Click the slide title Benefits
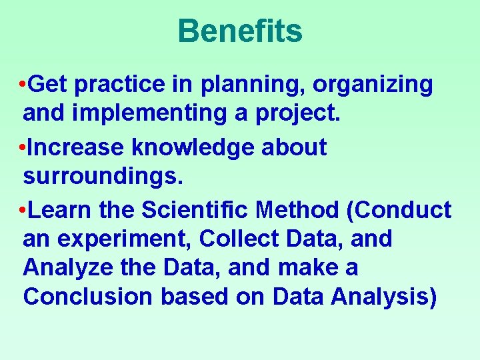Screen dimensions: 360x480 pyautogui.click(x=240, y=31)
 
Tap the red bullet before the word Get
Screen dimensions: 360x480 pyautogui.click(x=23, y=85)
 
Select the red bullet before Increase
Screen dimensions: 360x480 pyautogui.click(x=23, y=148)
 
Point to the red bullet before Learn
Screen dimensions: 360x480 pyautogui.click(x=23, y=211)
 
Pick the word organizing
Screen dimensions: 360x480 pyautogui.click(x=373, y=85)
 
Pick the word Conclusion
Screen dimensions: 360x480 pyautogui.click(x=87, y=297)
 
